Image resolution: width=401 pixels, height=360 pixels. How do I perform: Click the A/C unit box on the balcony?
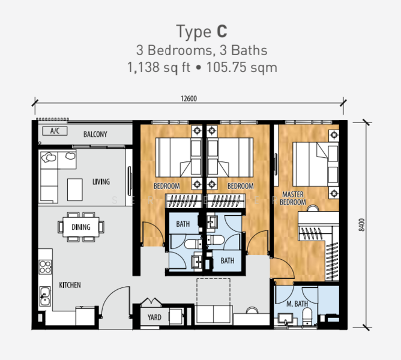click(x=55, y=131)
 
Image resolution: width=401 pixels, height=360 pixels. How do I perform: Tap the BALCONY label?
click(x=95, y=134)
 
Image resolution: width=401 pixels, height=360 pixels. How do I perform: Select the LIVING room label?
click(x=101, y=182)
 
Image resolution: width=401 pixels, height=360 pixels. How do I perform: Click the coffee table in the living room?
click(x=75, y=190)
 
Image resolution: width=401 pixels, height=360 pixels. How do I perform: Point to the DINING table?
click(x=81, y=227)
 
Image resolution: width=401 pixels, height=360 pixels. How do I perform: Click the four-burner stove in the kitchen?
click(x=45, y=267)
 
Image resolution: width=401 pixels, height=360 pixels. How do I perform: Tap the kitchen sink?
click(x=45, y=296)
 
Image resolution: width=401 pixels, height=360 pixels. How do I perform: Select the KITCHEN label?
click(x=70, y=285)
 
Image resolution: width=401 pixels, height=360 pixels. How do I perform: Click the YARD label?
click(x=154, y=317)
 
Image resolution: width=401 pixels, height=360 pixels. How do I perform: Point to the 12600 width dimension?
click(x=188, y=98)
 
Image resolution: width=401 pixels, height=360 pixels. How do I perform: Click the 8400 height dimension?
click(x=361, y=225)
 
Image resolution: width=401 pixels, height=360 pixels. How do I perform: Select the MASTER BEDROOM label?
click(x=293, y=198)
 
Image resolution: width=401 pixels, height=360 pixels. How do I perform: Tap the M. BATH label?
click(x=297, y=304)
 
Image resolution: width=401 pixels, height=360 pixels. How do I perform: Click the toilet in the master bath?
click(x=307, y=316)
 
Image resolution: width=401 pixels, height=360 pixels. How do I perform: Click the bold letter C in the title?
click(x=222, y=31)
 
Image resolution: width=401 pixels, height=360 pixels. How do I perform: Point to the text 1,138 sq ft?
click(x=158, y=68)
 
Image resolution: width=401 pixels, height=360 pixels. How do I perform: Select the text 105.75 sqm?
click(x=242, y=68)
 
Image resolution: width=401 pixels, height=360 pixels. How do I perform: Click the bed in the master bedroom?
click(x=316, y=164)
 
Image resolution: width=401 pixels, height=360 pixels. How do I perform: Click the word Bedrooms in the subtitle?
click(x=179, y=50)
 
